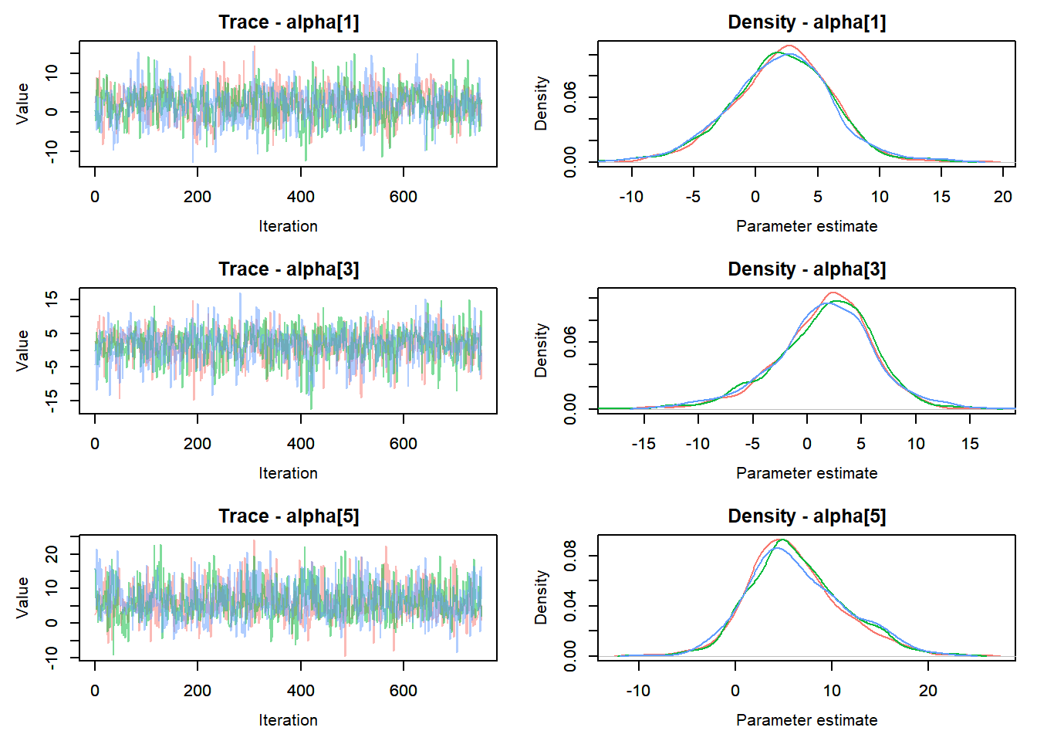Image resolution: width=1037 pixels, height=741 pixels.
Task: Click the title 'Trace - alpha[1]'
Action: (x=289, y=22)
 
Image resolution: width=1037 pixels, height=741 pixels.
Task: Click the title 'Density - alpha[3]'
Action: (x=806, y=269)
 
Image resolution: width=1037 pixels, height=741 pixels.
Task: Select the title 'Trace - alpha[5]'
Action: (x=289, y=516)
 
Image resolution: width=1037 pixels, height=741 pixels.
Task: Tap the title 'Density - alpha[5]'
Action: (x=806, y=516)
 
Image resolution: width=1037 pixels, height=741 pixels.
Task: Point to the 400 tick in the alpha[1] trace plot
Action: (x=300, y=197)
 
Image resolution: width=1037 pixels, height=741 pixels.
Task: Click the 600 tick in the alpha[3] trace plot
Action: (x=404, y=444)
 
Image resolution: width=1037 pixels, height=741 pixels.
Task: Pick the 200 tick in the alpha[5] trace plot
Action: (x=198, y=691)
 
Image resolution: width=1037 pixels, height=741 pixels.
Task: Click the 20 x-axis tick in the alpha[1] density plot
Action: (x=1002, y=197)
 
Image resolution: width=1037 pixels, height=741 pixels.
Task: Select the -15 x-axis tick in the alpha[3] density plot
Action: (x=643, y=444)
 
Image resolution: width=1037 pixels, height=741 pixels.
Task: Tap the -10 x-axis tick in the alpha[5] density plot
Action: (x=638, y=691)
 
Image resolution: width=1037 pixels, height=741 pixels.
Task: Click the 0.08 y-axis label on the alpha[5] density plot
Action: (x=570, y=556)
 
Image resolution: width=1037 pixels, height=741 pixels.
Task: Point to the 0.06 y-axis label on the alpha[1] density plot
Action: (x=570, y=98)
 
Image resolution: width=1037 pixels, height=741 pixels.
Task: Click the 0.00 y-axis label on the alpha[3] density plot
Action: (x=570, y=409)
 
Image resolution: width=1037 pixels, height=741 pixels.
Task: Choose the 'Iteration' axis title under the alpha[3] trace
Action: (x=289, y=473)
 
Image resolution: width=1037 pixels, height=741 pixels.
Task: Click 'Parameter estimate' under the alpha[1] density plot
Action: (x=806, y=226)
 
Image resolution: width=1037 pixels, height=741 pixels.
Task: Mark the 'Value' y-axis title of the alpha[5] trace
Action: (x=22, y=597)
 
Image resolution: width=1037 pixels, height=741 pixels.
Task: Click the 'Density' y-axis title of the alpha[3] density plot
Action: (x=541, y=350)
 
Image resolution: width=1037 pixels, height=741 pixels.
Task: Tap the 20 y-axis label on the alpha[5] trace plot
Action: (x=52, y=554)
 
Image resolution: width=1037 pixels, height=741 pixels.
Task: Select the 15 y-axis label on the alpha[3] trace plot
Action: (x=52, y=299)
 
